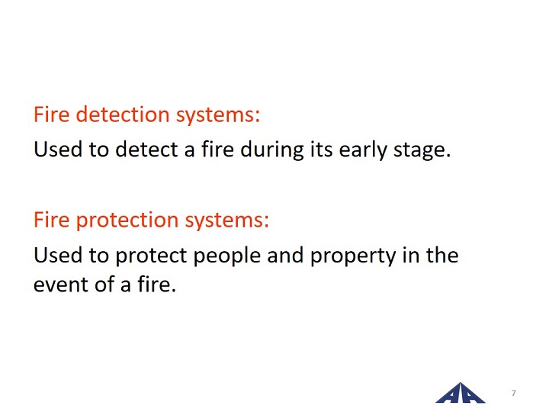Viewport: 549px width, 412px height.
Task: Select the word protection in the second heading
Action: coord(127,220)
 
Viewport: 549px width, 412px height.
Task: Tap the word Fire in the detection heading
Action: coord(52,114)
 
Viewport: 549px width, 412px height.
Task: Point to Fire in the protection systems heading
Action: coord(52,220)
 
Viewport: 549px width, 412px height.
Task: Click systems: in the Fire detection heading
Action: coord(218,115)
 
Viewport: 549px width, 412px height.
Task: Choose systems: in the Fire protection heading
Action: coord(227,220)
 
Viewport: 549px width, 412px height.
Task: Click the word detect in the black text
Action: coord(147,150)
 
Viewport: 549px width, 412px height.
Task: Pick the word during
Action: coord(272,150)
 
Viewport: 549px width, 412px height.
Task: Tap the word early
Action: coord(363,150)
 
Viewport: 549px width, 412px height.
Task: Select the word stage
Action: coord(422,150)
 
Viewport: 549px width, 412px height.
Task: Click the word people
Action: coord(227,256)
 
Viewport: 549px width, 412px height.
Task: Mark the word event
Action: coord(60,285)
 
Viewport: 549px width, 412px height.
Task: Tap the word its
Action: coord(322,150)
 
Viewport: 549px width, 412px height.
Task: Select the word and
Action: coord(285,255)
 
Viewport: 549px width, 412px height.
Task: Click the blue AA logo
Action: coord(461,393)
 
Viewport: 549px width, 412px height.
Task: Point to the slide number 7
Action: coord(514,393)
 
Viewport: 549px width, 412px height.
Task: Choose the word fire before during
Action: coord(218,150)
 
